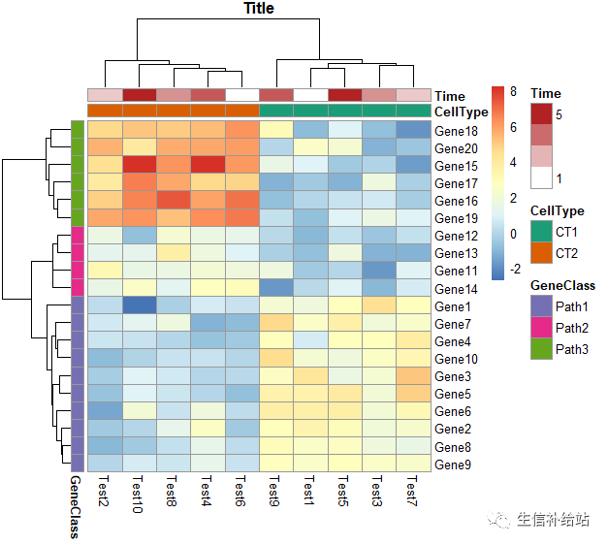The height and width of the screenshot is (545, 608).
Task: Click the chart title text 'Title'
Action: [x=259, y=9]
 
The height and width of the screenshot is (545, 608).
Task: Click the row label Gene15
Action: [x=456, y=166]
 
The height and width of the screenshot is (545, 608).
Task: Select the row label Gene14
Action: [x=456, y=289]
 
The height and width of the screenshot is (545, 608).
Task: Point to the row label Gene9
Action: [x=453, y=465]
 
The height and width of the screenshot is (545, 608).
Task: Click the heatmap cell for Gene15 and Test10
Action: [x=139, y=166]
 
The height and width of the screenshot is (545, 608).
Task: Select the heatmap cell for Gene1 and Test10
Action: [x=139, y=306]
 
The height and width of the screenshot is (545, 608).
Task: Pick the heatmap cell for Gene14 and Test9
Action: [x=276, y=289]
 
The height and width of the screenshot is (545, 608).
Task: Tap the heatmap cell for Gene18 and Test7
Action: [x=413, y=130]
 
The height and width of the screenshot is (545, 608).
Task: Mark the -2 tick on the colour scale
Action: [x=516, y=269]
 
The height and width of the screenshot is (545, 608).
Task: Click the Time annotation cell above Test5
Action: [x=344, y=95]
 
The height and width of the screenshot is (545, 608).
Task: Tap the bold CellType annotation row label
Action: [x=462, y=112]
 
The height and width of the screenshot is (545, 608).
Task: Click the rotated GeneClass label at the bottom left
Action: [x=74, y=505]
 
